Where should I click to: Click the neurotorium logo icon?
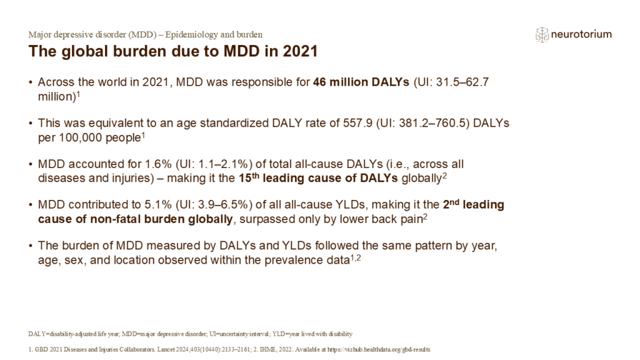pos(542,35)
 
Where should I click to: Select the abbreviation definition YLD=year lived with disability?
pos(317,334)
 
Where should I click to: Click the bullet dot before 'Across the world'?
pos(31,82)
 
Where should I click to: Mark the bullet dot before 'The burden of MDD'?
pos(31,246)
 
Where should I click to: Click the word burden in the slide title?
pos(129,52)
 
